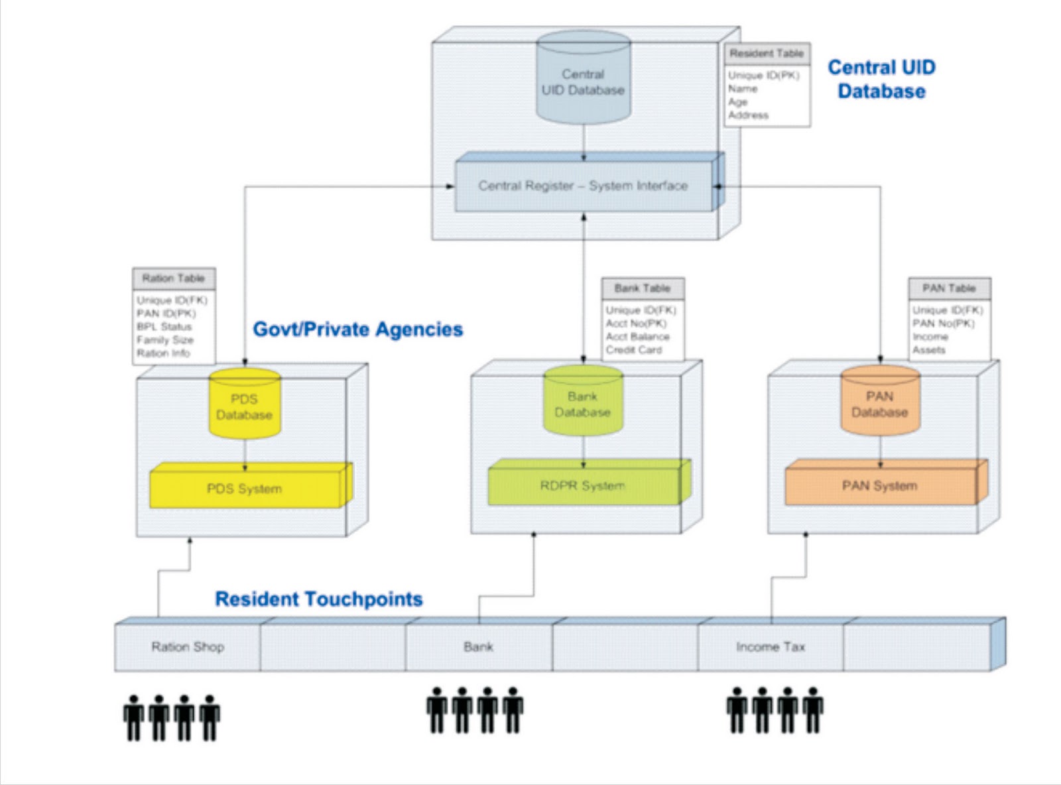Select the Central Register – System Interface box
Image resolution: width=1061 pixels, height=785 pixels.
[583, 186]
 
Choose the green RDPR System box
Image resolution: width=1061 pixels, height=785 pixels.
[582, 486]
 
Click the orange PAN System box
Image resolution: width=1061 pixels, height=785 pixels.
[879, 486]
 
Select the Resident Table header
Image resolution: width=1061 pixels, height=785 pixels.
[767, 54]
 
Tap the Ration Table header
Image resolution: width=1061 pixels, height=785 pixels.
[173, 278]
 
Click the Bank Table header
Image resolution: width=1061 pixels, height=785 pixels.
[642, 288]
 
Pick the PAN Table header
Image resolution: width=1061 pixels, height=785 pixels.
[949, 288]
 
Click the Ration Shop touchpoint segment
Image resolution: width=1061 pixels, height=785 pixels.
[188, 647]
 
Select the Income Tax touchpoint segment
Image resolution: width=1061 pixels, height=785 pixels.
[770, 647]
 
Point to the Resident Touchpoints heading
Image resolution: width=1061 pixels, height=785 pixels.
[319, 599]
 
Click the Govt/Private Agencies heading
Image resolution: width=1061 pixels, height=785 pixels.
[358, 330]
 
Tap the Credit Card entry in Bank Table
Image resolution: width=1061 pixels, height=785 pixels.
[633, 350]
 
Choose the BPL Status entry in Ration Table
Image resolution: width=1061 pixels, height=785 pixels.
[164, 327]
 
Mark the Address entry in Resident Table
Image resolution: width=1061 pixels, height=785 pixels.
[748, 115]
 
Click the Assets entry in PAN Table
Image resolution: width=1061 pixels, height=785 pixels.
[928, 350]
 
